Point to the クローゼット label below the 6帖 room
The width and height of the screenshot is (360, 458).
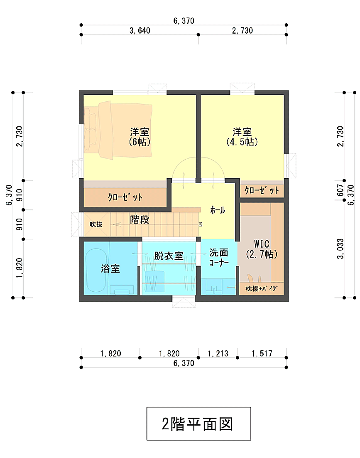[x=125, y=197]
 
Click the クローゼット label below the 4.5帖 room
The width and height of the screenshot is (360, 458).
[x=262, y=191]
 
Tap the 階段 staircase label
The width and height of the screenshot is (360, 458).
[x=140, y=220]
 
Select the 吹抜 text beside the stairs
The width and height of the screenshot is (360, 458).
[x=96, y=224]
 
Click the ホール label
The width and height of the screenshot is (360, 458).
[x=218, y=210]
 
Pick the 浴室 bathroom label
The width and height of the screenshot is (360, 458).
[x=110, y=268]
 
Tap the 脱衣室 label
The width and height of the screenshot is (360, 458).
[x=169, y=256]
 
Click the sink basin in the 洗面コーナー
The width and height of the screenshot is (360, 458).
[x=214, y=288]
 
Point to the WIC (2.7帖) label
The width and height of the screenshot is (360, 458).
[x=262, y=249]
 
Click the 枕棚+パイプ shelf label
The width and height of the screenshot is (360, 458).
[x=261, y=289]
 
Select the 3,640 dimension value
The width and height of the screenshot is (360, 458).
[x=140, y=30]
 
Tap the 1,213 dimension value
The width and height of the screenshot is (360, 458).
[x=218, y=354]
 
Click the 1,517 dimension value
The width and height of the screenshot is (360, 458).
[x=262, y=354]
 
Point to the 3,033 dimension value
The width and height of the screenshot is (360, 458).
[x=340, y=249]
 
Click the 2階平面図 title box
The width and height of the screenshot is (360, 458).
[x=198, y=424]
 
